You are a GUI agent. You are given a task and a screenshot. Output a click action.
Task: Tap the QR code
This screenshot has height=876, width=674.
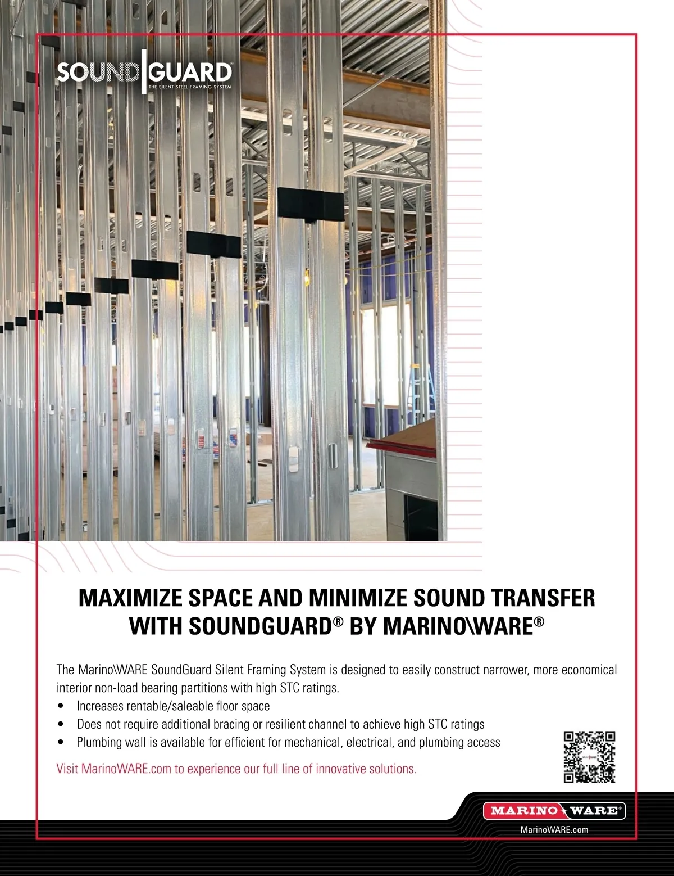pos(589,757)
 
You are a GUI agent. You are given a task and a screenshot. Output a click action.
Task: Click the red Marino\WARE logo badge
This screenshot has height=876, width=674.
pos(554,810)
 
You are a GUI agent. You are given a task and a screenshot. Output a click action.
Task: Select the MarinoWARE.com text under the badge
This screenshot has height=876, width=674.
pos(554,829)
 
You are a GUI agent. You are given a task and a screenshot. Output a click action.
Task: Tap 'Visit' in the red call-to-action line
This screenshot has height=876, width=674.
pos(67,769)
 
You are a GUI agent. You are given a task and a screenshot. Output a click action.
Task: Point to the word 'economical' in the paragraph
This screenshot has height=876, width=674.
pos(589,670)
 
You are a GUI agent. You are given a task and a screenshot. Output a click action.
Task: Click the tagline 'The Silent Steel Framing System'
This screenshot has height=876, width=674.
pos(190,87)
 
